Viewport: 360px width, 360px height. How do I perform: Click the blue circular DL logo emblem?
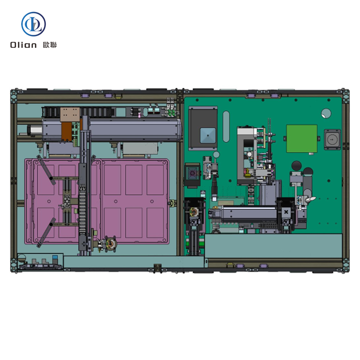point(33,24)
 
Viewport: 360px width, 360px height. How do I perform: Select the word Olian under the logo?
point(23,45)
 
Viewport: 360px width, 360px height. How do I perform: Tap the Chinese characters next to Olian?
point(50,45)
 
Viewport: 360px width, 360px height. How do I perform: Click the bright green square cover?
point(302,139)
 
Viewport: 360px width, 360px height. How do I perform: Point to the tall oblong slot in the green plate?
point(226,126)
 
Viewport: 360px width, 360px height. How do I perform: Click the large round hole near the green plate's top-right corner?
point(326,113)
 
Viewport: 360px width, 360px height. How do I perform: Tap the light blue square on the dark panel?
point(208,135)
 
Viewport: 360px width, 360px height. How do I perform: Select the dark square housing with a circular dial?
point(332,140)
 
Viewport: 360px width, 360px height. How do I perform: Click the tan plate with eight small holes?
point(70,114)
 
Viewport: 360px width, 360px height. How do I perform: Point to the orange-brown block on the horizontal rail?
point(67,132)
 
